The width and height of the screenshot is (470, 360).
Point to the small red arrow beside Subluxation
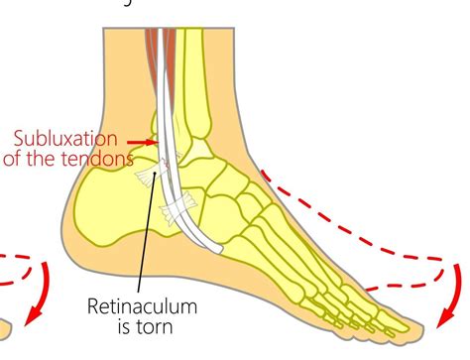pos(146,142)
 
